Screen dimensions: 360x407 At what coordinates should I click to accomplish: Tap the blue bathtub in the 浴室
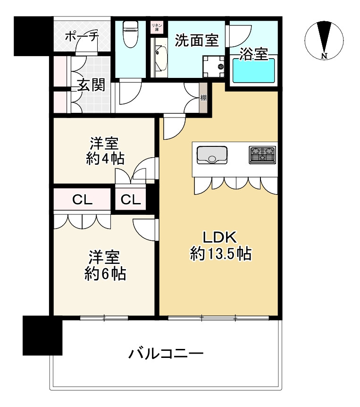coord(254,71)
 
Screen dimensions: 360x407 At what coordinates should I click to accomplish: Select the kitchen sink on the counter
coord(212,155)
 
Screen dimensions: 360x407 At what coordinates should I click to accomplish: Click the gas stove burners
coord(262,155)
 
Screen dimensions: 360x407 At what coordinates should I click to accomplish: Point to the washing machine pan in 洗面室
coord(213,67)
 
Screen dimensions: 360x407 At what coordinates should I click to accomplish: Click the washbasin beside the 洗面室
coord(161,59)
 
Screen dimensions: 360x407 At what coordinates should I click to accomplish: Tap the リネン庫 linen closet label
coord(157,27)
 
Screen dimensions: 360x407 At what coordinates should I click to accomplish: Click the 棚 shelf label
coord(203,98)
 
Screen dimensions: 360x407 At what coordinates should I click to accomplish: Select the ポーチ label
coord(82,37)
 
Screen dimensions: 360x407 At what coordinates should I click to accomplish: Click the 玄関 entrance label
coord(91,85)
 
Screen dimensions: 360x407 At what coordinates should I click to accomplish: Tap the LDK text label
coord(219,237)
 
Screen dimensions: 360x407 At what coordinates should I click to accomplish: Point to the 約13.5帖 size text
coord(221,254)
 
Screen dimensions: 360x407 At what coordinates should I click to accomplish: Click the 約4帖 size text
coord(105,158)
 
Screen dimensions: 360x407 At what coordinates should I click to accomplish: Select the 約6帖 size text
coord(105,274)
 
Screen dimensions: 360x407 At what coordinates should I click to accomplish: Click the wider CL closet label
coord(82,200)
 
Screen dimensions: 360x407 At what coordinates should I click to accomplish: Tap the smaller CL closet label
coord(131,200)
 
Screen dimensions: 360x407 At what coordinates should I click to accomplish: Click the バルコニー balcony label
coord(166,354)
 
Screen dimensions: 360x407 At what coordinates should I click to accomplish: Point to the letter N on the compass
coord(324,56)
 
